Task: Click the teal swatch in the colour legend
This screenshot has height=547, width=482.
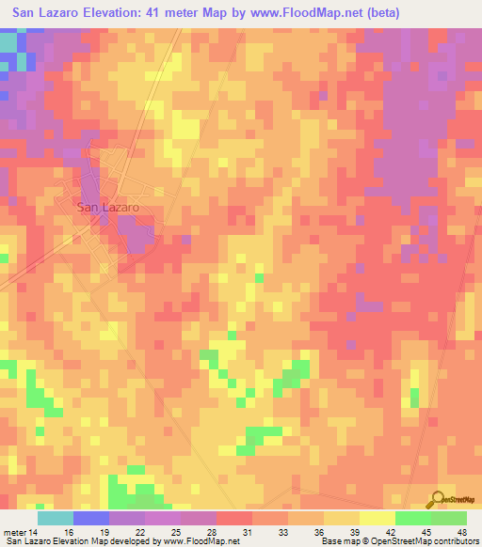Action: pyautogui.click(x=55, y=518)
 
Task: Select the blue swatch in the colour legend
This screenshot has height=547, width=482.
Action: pyautogui.click(x=90, y=518)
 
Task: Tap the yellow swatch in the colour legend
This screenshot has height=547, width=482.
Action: pyautogui.click(x=377, y=518)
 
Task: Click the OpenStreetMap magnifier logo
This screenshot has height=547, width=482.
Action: pyautogui.click(x=438, y=500)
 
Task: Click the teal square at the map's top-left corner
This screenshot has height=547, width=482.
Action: pyautogui.click(x=8, y=42)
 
